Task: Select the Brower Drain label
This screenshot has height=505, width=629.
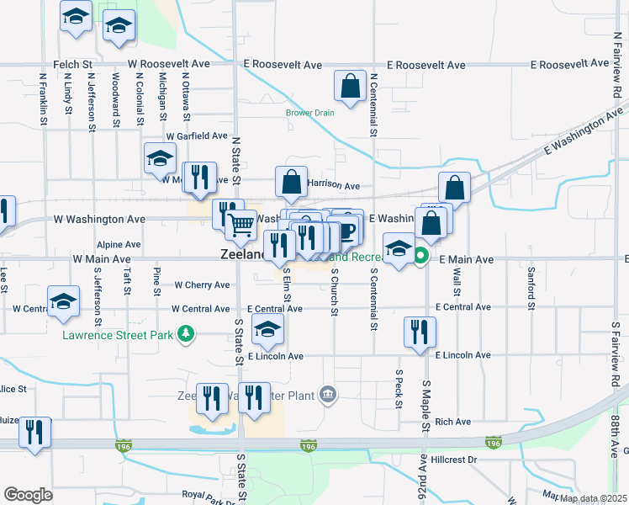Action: click(309, 113)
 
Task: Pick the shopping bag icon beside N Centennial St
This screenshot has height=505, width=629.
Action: click(349, 86)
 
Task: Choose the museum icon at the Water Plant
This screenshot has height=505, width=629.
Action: click(327, 394)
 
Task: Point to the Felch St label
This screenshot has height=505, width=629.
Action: click(74, 64)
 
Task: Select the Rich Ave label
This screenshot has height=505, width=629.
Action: click(452, 422)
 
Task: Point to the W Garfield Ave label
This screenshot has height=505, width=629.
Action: click(197, 136)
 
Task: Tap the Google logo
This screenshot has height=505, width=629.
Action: click(28, 495)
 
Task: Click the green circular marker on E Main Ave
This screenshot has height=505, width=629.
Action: click(422, 258)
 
